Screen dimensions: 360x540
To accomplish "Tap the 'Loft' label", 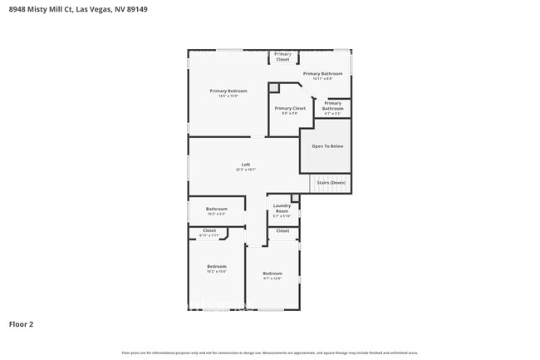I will click(245, 165).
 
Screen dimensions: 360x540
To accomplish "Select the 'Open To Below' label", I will click(326, 146).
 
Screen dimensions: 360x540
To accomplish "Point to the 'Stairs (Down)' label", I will click(331, 183).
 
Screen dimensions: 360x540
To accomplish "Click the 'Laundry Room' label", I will click(282, 208).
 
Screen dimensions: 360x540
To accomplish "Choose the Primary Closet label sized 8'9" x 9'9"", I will click(290, 108).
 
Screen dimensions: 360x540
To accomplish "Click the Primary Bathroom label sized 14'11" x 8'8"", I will click(322, 73).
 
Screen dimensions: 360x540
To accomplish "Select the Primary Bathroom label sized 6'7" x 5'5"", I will click(332, 106).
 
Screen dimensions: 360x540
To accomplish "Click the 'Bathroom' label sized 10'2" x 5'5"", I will click(217, 209).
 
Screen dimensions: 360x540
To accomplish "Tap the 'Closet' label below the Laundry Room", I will click(282, 230).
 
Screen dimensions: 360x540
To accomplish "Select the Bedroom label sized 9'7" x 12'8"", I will click(272, 274).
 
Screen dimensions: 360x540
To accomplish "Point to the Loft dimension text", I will click(245, 170).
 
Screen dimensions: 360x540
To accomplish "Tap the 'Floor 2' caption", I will click(21, 324).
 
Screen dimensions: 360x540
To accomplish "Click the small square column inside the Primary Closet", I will click(273, 87).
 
